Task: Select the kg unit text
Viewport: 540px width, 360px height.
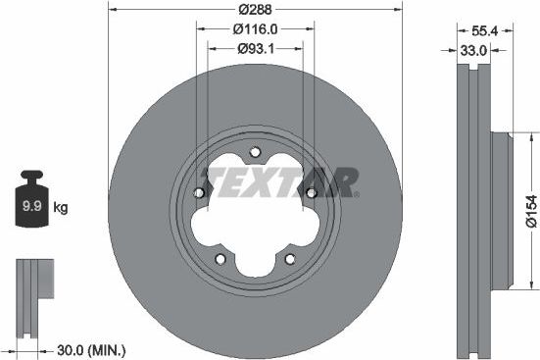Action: (x=60, y=207)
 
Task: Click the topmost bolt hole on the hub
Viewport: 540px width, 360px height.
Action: (x=255, y=152)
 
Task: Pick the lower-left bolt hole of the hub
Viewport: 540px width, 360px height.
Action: (x=221, y=258)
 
